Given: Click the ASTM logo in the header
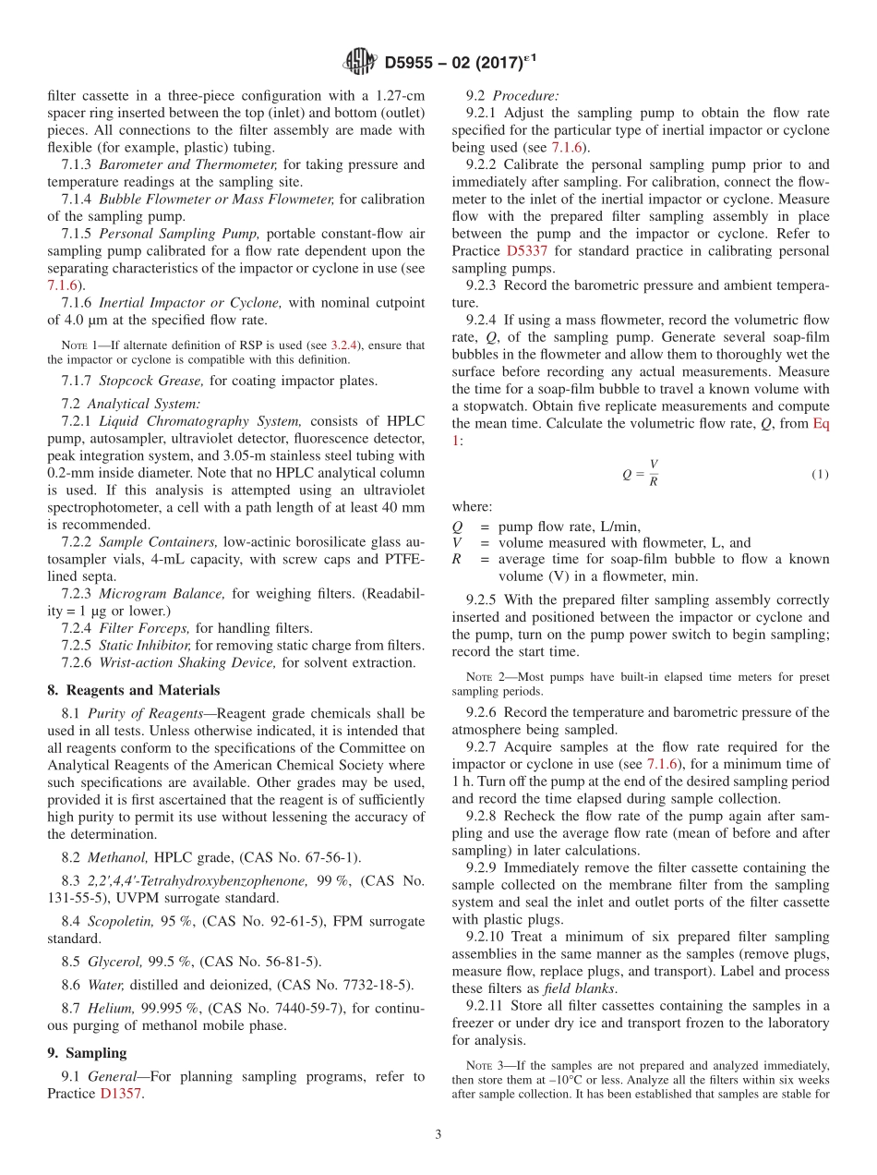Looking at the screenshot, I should [x=359, y=62].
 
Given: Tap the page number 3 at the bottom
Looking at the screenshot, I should [x=438, y=1135].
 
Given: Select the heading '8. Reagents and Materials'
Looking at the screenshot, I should [x=133, y=690].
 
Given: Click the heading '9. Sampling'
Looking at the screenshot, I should [x=87, y=1052].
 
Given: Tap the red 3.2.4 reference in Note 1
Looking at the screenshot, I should [x=346, y=345].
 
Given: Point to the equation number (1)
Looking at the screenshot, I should [x=820, y=475].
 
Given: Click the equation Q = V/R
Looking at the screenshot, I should [x=641, y=474].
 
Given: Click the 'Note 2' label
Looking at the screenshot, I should [x=483, y=677].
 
